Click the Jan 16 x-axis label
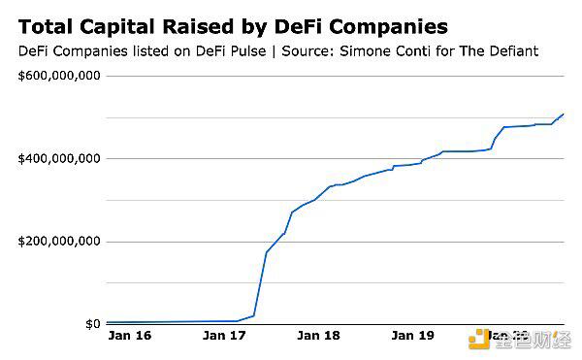pos(129,337)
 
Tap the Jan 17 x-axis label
pos(224,337)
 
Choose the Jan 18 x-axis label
pos(318,337)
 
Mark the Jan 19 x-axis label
pos(412,337)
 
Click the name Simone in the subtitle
pos(361,50)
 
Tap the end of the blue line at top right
pos(564,115)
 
